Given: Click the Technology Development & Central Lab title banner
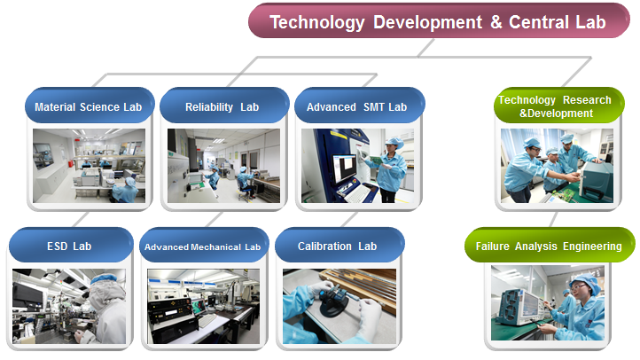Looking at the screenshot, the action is tap(439, 21).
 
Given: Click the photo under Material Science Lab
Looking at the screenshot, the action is tap(89, 166).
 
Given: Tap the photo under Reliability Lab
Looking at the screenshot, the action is tap(223, 166).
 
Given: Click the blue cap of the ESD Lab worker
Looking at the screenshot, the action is tap(103, 278).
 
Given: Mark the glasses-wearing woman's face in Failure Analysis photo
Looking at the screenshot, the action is tap(580, 290).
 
